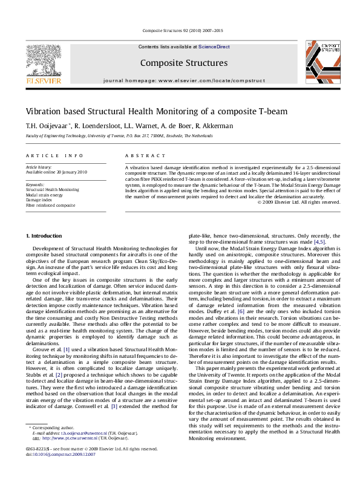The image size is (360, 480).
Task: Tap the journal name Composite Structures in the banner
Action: pos(175,62)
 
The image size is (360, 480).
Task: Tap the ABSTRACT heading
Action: pos(142,155)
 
